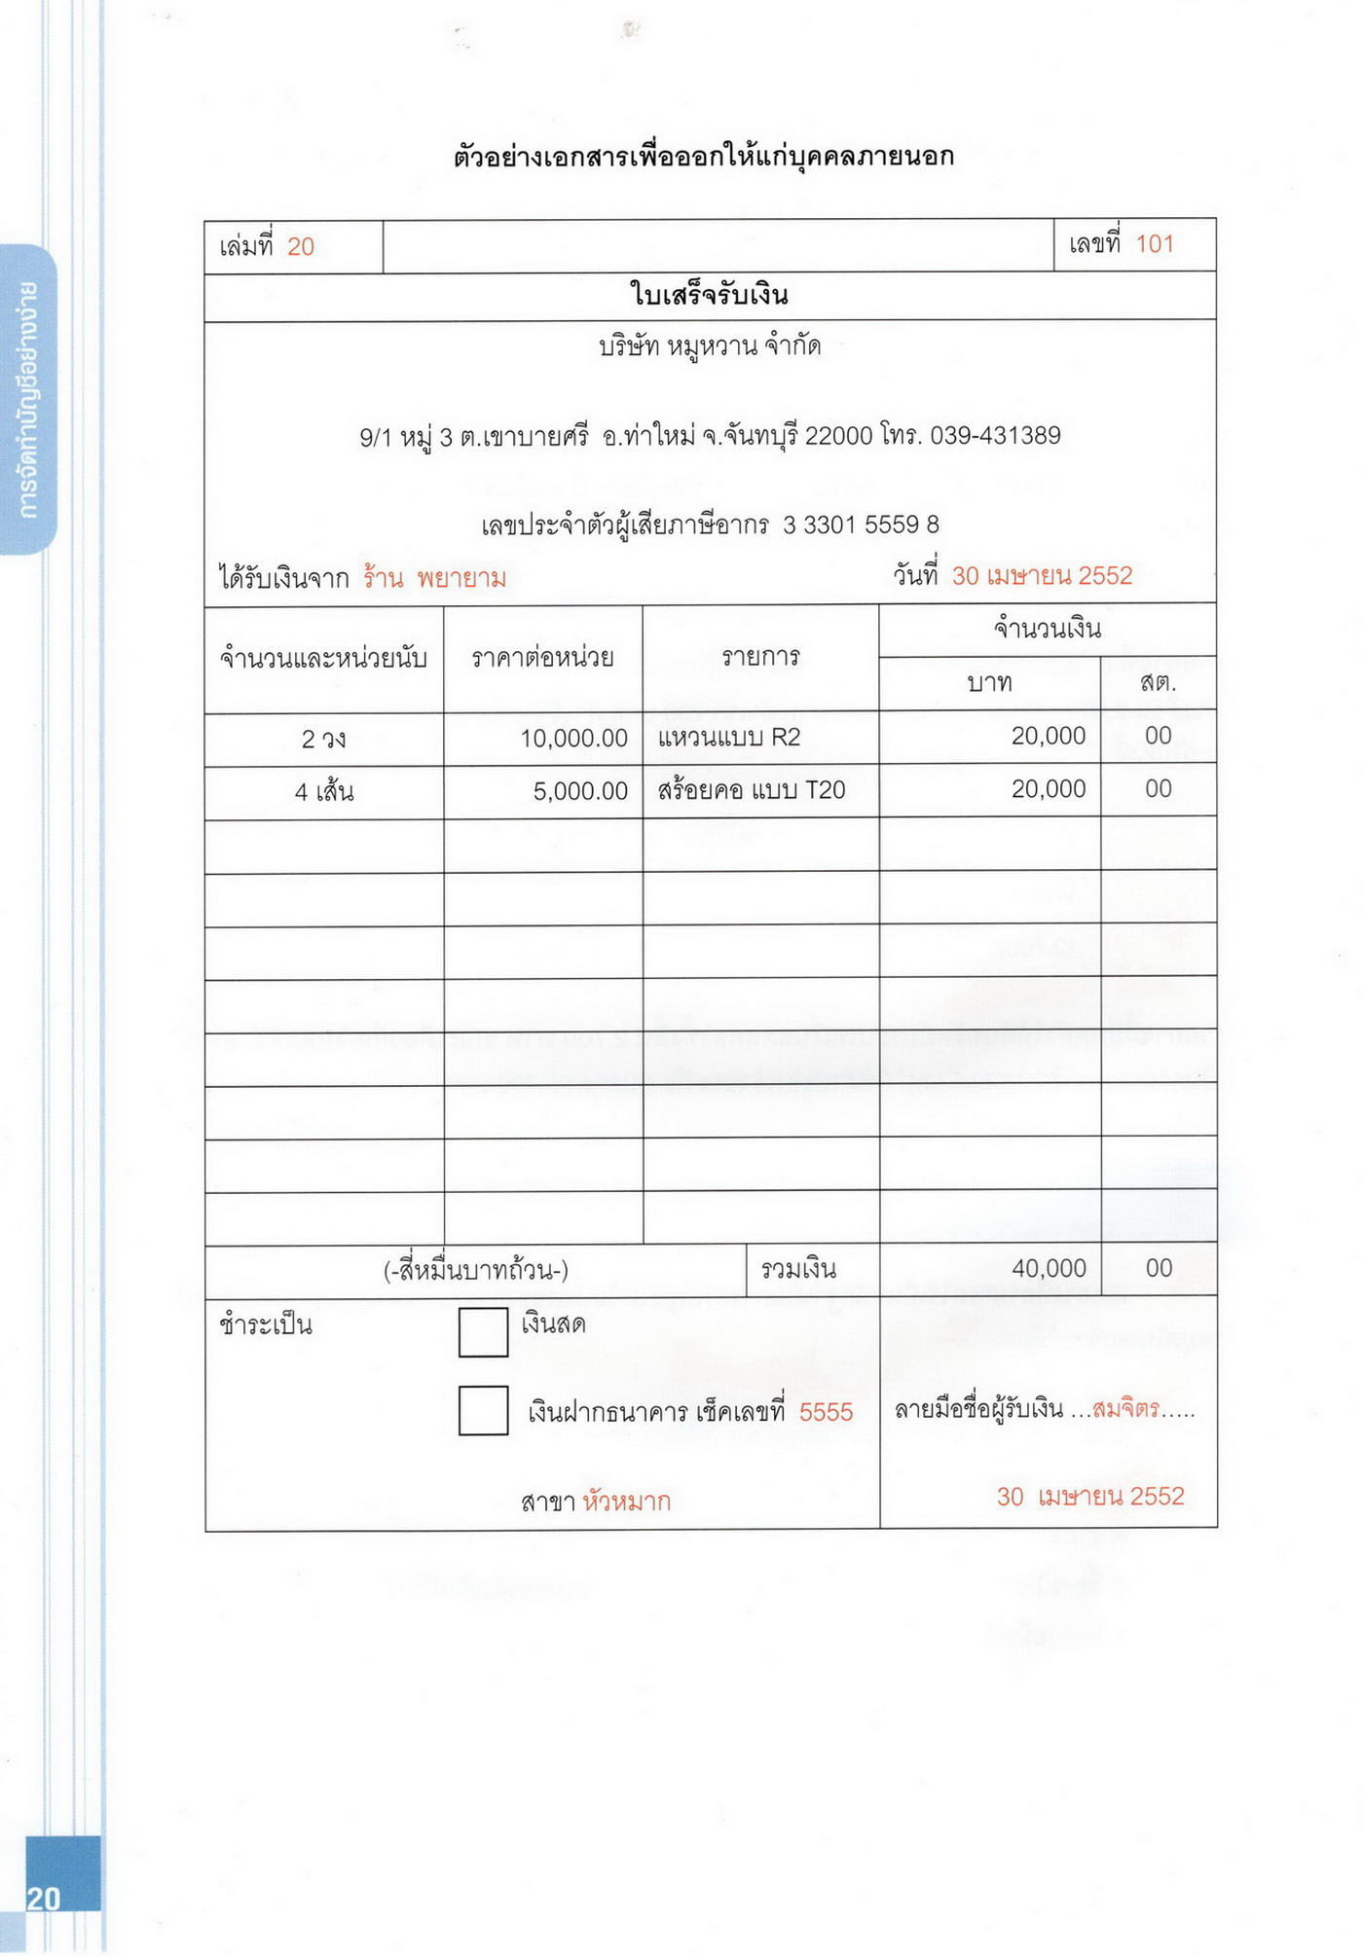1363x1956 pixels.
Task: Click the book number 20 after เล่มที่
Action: pyautogui.click(x=300, y=247)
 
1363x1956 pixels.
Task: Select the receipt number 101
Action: pyautogui.click(x=1155, y=244)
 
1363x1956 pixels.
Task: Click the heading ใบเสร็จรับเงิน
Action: pyautogui.click(x=709, y=295)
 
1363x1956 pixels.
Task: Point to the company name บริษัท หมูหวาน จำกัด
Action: pyautogui.click(x=709, y=346)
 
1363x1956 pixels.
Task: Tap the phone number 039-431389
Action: pyautogui.click(x=994, y=436)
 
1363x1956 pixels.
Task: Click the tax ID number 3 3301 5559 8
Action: pyautogui.click(x=861, y=525)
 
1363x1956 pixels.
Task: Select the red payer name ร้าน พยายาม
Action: pyautogui.click(x=434, y=579)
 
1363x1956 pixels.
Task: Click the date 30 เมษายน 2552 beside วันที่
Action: pyautogui.click(x=1042, y=576)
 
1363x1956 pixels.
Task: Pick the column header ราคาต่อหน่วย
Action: pyautogui.click(x=542, y=659)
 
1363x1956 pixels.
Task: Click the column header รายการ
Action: pyautogui.click(x=760, y=658)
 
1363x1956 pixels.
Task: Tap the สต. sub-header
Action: pyautogui.click(x=1158, y=683)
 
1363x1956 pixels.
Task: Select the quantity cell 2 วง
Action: pyautogui.click(x=323, y=740)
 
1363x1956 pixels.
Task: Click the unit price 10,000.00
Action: pyautogui.click(x=573, y=739)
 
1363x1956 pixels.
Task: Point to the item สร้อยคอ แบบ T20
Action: pyautogui.click(x=751, y=790)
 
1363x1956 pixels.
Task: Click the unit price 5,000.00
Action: pyautogui.click(x=580, y=791)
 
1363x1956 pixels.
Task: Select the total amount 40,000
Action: pyautogui.click(x=1049, y=1268)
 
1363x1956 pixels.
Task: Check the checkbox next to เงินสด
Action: pyautogui.click(x=483, y=1331)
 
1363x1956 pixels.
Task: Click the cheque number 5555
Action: pyautogui.click(x=826, y=1412)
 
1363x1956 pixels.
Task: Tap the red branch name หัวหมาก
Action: pyautogui.click(x=627, y=1502)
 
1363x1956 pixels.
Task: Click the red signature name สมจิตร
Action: pyautogui.click(x=1125, y=1409)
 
